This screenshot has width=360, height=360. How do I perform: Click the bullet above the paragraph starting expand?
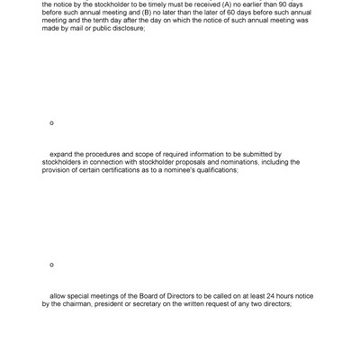coord(51,122)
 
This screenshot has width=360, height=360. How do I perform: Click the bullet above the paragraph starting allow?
coord(51,265)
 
